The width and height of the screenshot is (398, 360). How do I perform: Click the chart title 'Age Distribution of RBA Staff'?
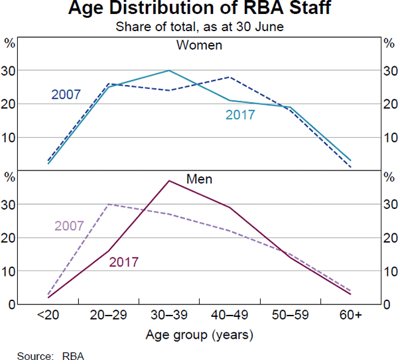click(198, 10)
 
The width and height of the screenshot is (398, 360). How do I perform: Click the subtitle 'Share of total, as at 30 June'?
click(198, 27)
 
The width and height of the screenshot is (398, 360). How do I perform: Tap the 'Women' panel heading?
click(198, 46)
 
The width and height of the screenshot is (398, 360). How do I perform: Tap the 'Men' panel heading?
click(198, 179)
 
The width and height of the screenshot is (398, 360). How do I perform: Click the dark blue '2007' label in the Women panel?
click(66, 94)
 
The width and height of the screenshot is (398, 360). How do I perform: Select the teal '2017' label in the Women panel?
click(239, 115)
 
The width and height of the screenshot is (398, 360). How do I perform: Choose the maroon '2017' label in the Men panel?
click(123, 261)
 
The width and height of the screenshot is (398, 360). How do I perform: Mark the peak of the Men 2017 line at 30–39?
click(169, 180)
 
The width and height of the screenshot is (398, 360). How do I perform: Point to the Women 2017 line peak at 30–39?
click(169, 70)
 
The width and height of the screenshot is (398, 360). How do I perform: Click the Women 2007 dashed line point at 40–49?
click(230, 77)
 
